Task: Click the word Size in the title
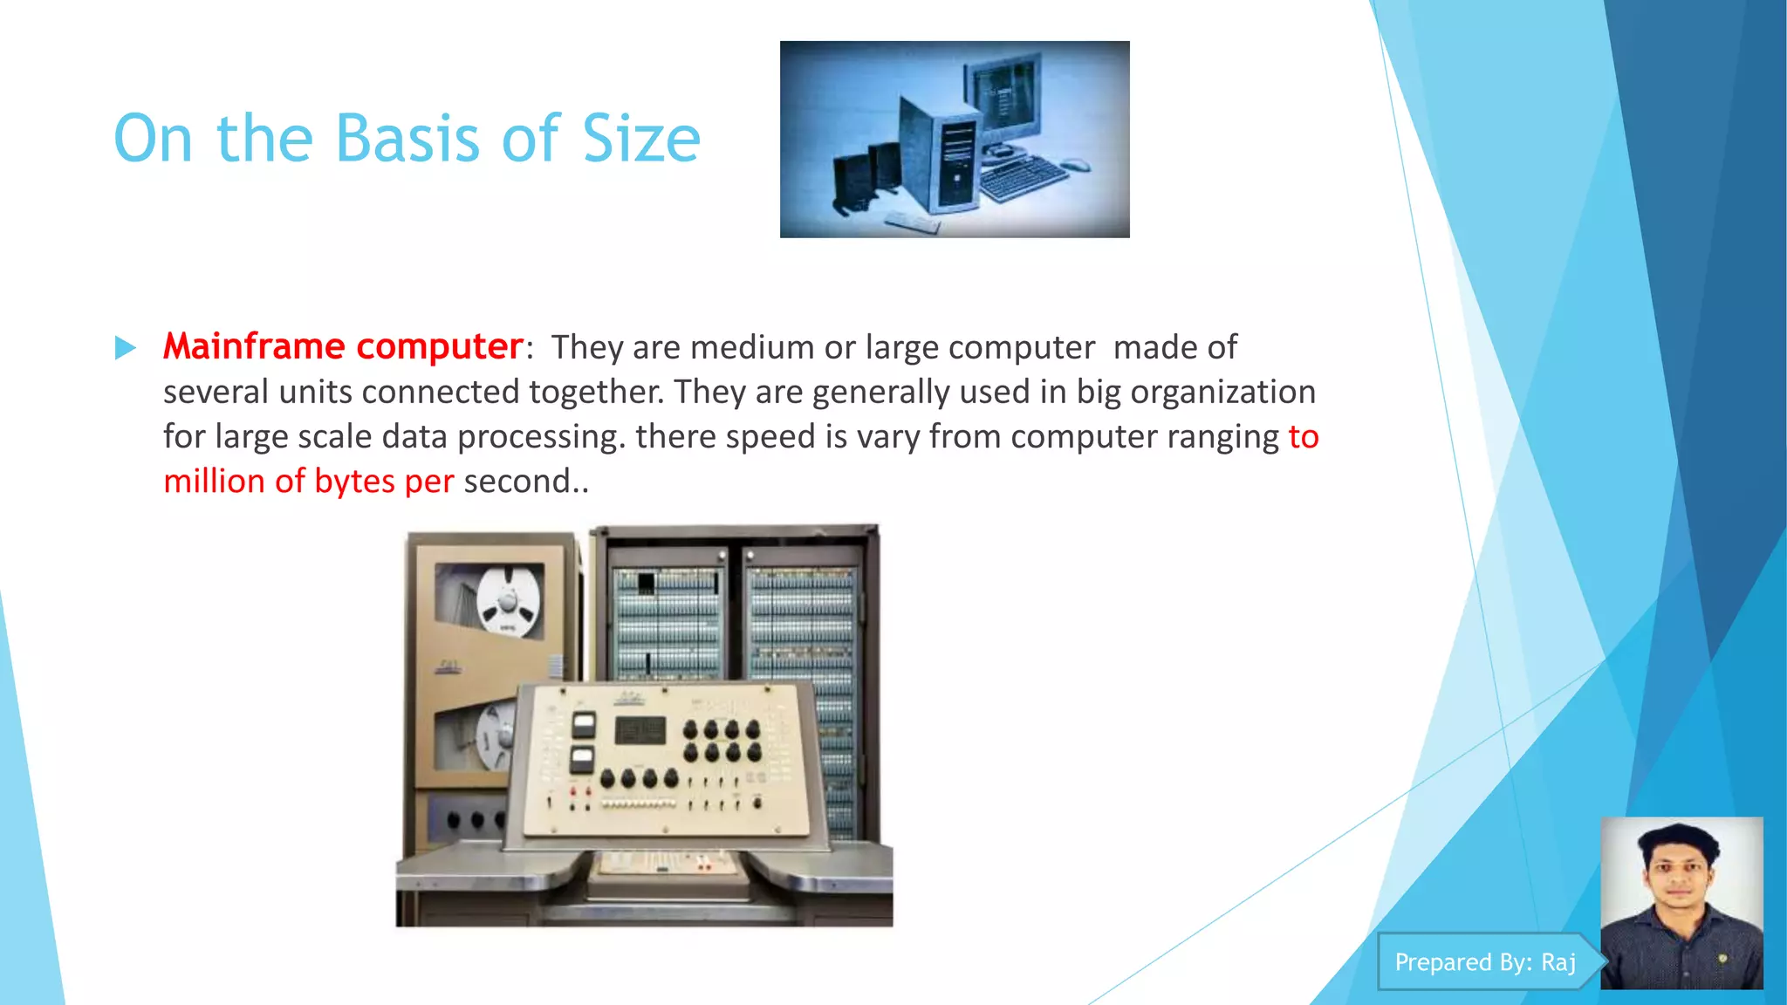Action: (x=640, y=140)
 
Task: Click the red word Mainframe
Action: (x=254, y=346)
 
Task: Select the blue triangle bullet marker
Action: (x=126, y=348)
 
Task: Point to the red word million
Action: (x=214, y=482)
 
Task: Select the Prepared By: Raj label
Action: (x=1485, y=961)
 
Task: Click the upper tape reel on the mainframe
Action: (x=507, y=600)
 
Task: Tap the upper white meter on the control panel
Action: (x=583, y=723)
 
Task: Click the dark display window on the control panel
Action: (x=640, y=730)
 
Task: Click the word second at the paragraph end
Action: (x=517, y=482)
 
